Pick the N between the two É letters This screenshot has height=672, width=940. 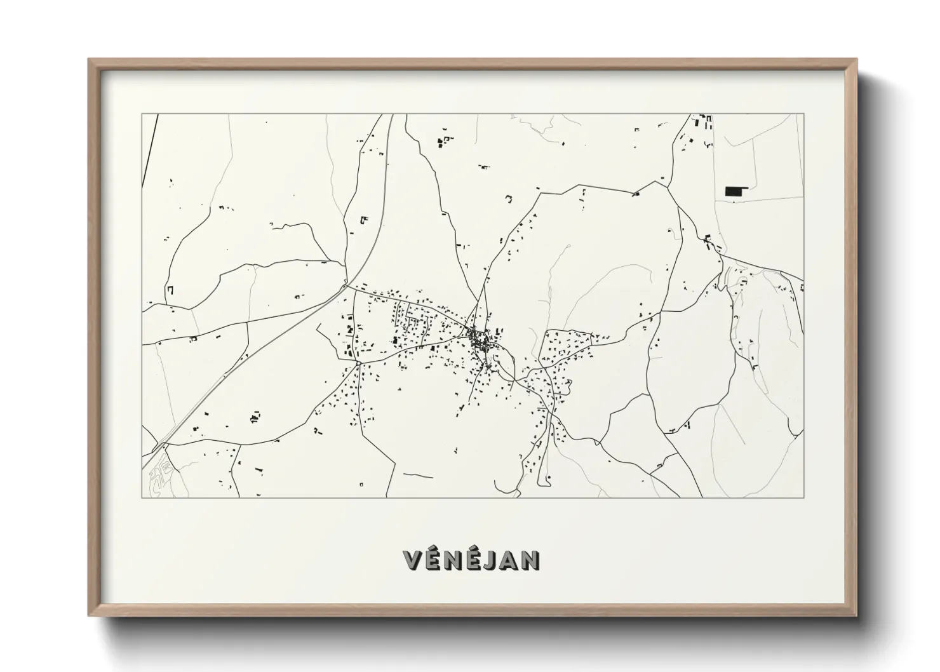453,560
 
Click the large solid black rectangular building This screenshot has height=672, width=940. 735,191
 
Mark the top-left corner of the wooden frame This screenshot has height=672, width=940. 90,60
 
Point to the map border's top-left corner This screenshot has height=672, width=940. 142,114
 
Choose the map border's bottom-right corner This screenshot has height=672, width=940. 803,497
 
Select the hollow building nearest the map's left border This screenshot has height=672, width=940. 170,290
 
